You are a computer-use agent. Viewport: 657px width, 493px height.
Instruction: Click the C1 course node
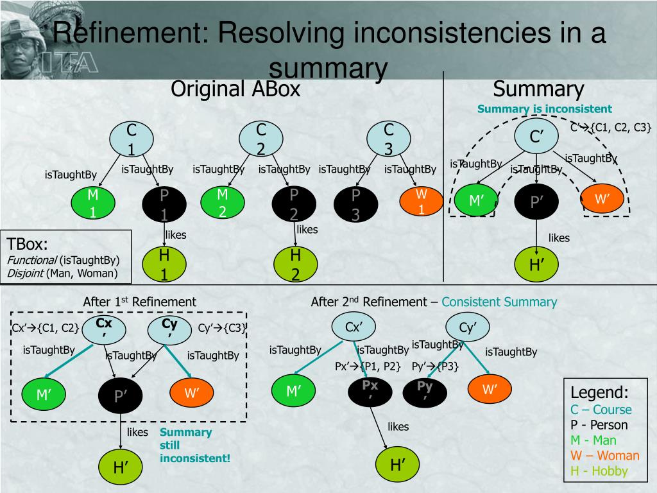pos(132,139)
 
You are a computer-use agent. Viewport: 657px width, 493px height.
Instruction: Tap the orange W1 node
pos(422,202)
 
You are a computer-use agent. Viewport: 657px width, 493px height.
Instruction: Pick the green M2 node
pos(223,202)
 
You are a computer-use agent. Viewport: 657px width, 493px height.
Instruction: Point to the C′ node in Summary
pos(536,137)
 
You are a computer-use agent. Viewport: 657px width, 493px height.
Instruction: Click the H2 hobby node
pos(296,264)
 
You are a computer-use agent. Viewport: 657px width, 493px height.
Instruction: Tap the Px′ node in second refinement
pos(370,390)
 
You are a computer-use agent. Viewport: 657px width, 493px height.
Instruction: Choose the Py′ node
pos(425,390)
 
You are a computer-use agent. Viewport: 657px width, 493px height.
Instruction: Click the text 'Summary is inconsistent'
pos(544,108)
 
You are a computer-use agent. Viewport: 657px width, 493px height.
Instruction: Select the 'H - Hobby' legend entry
pos(599,471)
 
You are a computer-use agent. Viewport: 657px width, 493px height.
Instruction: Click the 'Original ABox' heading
pos(235,89)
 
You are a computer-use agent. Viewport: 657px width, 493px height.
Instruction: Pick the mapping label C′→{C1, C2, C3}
pos(610,126)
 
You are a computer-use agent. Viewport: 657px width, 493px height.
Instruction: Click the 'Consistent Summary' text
pos(499,302)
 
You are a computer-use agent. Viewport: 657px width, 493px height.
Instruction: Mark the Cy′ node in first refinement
pos(169,329)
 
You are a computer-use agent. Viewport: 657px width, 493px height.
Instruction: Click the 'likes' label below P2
pos(307,229)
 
